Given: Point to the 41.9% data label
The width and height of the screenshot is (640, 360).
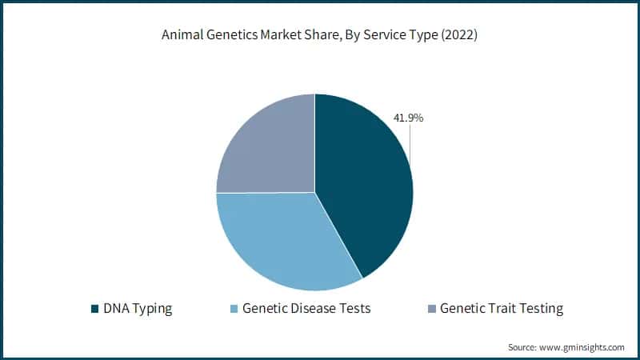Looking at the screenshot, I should (408, 118).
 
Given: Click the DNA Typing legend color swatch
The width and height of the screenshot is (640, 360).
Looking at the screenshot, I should (96, 308).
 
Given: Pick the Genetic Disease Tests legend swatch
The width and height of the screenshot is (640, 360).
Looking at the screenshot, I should (234, 308).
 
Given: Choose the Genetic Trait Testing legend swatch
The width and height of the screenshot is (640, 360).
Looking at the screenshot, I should (431, 308).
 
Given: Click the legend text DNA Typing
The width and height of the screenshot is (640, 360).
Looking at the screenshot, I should (137, 308).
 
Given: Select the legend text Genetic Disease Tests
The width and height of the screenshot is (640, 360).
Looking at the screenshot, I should (306, 308).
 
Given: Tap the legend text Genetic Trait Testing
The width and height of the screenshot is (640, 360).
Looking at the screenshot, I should (502, 308).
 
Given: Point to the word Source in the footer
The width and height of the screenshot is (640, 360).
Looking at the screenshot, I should (523, 347).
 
